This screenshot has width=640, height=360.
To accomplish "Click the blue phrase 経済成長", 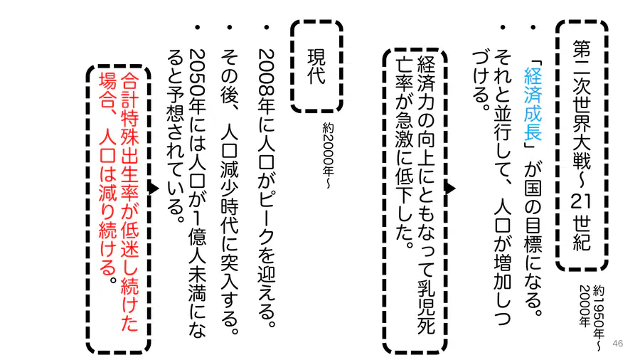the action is [x=533, y=103].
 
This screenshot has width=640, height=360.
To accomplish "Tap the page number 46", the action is [x=618, y=343].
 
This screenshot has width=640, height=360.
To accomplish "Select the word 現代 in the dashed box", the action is [x=316, y=66].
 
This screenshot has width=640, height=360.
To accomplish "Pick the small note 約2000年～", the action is [x=328, y=156].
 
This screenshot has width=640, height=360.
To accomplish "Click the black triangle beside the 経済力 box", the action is [x=450, y=188].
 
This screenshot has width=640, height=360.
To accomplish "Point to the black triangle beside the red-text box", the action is [x=154, y=188].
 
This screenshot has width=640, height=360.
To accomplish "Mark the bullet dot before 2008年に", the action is [x=267, y=27].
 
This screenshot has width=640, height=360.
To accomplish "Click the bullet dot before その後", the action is [x=230, y=27].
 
